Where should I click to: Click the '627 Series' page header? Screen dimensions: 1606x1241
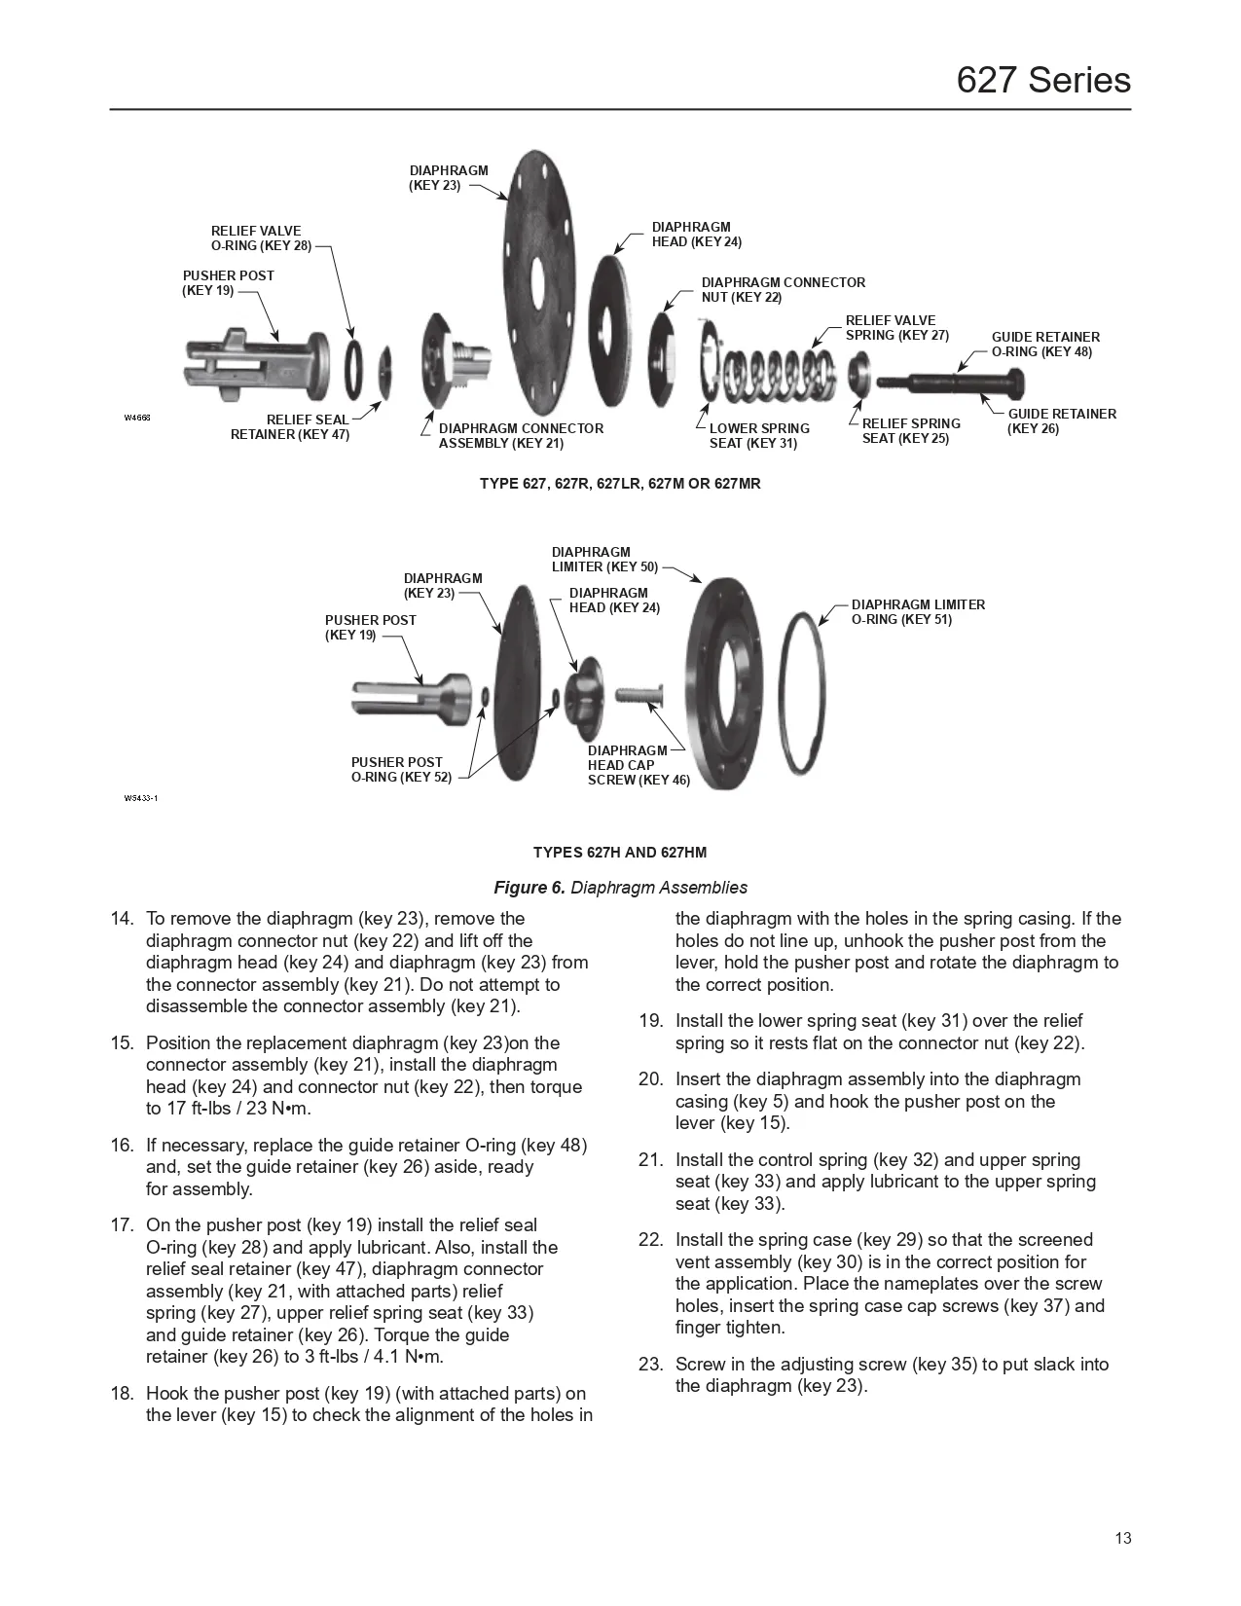[x=1042, y=79]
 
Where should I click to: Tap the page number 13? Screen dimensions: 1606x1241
[x=1122, y=1539]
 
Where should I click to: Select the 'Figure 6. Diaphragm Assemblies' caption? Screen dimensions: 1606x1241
[x=620, y=887]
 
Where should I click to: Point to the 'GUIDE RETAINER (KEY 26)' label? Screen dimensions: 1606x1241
[x=1061, y=420]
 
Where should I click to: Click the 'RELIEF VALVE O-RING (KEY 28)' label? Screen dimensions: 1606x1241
[x=261, y=238]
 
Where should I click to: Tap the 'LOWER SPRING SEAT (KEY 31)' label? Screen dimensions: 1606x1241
[x=758, y=435]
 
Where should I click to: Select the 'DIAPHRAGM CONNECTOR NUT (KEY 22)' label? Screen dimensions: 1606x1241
[x=783, y=289]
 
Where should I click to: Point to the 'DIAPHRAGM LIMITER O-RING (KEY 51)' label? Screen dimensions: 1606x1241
[x=918, y=611]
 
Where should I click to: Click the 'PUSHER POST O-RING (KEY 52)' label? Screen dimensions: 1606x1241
[x=401, y=769]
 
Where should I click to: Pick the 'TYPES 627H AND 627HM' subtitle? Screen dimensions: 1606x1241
[x=620, y=853]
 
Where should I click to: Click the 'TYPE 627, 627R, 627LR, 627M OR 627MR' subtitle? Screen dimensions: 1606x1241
[x=620, y=484]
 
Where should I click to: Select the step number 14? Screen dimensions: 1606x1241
[x=121, y=919]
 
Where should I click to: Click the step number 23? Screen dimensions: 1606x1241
[x=650, y=1365]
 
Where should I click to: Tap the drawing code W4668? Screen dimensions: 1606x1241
[x=136, y=418]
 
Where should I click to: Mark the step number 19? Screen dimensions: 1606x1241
[x=650, y=1021]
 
